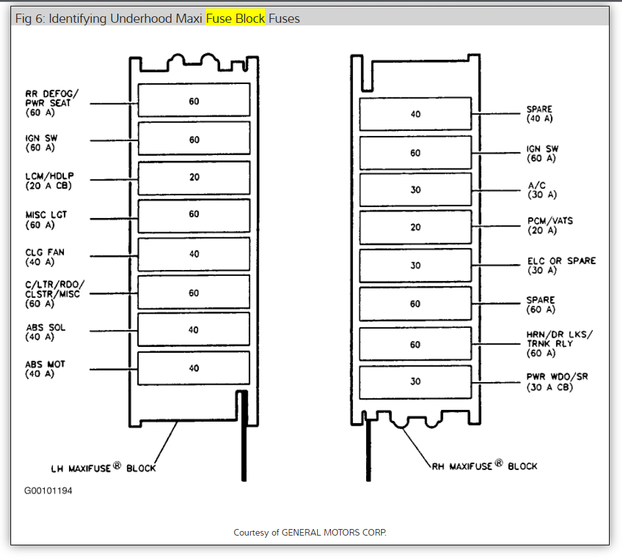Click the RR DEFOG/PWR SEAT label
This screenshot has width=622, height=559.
pyautogui.click(x=49, y=103)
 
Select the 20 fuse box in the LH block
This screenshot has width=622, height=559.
pyautogui.click(x=194, y=177)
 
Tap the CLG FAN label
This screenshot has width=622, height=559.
pyautogui.click(x=45, y=257)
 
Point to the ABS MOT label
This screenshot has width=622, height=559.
pyautogui.click(x=45, y=369)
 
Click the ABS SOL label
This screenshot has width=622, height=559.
pyautogui.click(x=45, y=332)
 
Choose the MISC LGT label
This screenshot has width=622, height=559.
pyautogui.click(x=46, y=220)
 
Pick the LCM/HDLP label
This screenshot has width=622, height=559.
pyautogui.click(x=49, y=181)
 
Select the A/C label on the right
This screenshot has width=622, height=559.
pyautogui.click(x=541, y=190)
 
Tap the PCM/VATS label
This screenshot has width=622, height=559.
pyautogui.click(x=550, y=226)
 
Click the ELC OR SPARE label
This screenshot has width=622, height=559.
pyautogui.click(x=561, y=265)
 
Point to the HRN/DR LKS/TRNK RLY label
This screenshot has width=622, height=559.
pyautogui.click(x=559, y=344)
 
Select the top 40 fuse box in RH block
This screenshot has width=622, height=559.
pyautogui.click(x=416, y=114)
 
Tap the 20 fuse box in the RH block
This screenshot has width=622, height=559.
pyautogui.click(x=416, y=227)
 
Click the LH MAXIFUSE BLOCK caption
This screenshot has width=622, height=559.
pyautogui.click(x=104, y=468)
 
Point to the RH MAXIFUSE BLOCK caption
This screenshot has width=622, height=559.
pyautogui.click(x=485, y=465)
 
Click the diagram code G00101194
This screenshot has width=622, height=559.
pyautogui.click(x=48, y=491)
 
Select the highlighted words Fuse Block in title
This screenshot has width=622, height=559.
pyautogui.click(x=236, y=18)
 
